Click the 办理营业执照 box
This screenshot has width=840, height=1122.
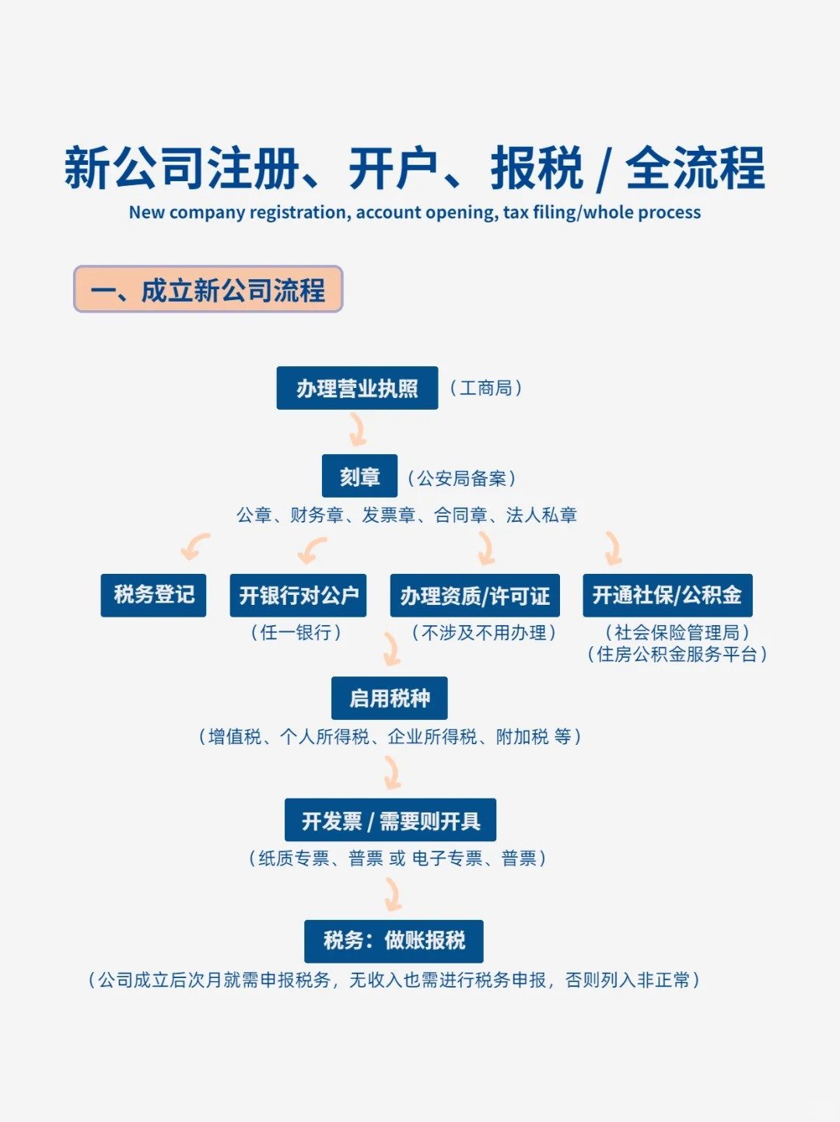click(x=357, y=388)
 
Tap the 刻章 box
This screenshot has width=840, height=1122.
click(x=359, y=476)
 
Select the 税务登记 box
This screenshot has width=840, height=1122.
click(x=153, y=595)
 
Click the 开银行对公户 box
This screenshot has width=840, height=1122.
click(x=298, y=596)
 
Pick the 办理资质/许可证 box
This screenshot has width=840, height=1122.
click(x=474, y=596)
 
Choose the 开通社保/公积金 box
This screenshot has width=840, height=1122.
click(x=667, y=596)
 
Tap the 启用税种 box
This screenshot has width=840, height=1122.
click(x=389, y=698)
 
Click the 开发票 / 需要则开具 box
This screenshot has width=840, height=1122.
click(x=390, y=820)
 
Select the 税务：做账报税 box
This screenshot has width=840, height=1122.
click(x=394, y=941)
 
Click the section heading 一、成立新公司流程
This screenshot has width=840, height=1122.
click(x=208, y=290)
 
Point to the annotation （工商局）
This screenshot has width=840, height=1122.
click(x=485, y=388)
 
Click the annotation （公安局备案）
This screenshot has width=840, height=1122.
click(x=462, y=478)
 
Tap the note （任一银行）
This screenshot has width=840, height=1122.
click(x=296, y=633)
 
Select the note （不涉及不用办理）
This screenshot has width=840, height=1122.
click(x=484, y=633)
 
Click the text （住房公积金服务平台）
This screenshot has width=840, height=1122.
click(x=677, y=655)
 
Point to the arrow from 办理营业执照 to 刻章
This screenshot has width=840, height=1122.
click(x=358, y=429)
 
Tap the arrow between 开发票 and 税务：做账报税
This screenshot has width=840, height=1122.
click(x=393, y=894)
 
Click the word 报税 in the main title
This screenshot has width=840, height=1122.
click(x=537, y=169)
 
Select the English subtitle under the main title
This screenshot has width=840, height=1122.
click(x=415, y=212)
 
